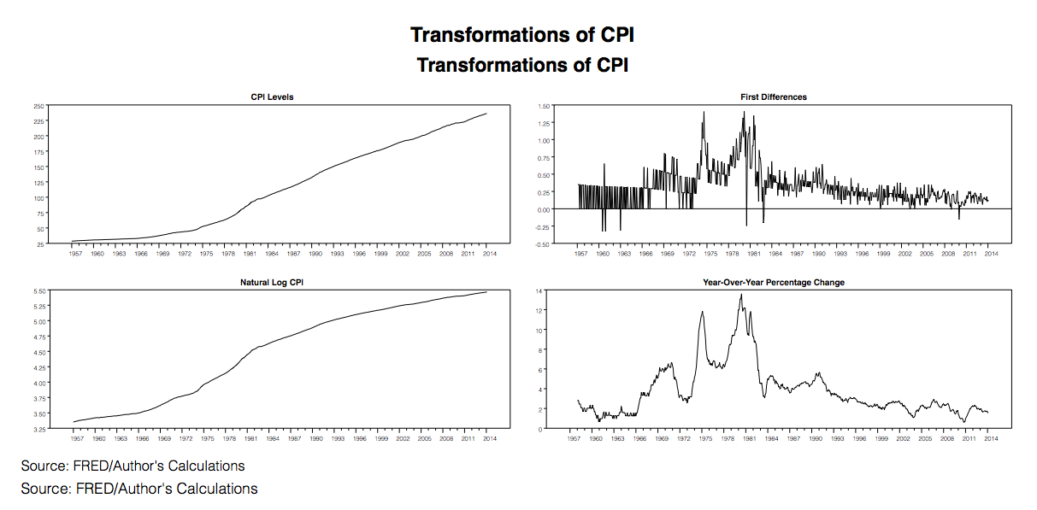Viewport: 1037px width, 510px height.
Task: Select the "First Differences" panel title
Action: coord(774,97)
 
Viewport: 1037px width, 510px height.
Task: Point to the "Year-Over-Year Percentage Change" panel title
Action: coord(774,282)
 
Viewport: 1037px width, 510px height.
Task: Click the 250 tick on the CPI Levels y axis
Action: coord(38,106)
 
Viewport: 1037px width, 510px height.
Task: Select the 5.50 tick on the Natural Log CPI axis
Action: coord(38,291)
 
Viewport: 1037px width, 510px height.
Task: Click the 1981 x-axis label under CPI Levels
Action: coord(250,254)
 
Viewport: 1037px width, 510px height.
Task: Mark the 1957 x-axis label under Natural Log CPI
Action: coord(75,438)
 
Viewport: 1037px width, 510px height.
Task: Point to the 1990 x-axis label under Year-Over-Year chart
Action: coord(817,438)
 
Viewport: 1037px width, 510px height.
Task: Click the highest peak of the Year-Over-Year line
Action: coord(741,295)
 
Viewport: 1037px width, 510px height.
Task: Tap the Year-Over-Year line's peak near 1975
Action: coord(702,312)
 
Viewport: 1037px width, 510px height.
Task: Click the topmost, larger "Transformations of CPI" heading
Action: coord(522,35)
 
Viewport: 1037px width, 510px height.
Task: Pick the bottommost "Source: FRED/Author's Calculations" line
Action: coord(138,489)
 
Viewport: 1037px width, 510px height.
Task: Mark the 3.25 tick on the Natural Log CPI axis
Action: coord(38,430)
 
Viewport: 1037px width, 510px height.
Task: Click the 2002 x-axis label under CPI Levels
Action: coord(403,254)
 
